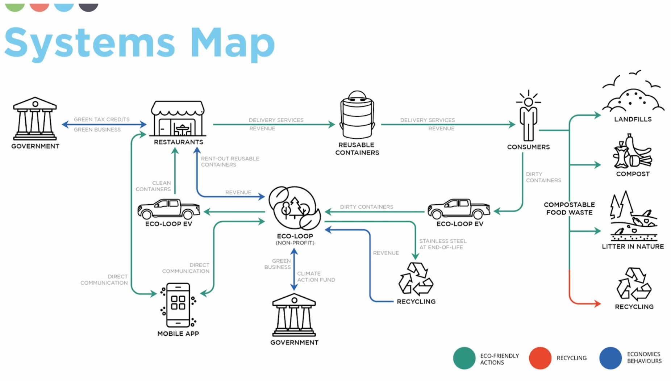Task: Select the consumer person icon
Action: click(528, 116)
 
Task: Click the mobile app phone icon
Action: click(178, 305)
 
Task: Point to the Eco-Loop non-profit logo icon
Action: click(294, 208)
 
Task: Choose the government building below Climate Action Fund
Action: click(294, 315)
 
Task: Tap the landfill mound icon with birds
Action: click(633, 94)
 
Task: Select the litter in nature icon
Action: click(633, 217)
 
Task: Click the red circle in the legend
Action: click(540, 358)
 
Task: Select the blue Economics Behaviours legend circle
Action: click(610, 358)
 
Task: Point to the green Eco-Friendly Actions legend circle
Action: click(464, 358)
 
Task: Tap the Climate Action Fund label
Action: click(316, 277)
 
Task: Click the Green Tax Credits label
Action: click(101, 119)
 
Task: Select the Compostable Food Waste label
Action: click(569, 209)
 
